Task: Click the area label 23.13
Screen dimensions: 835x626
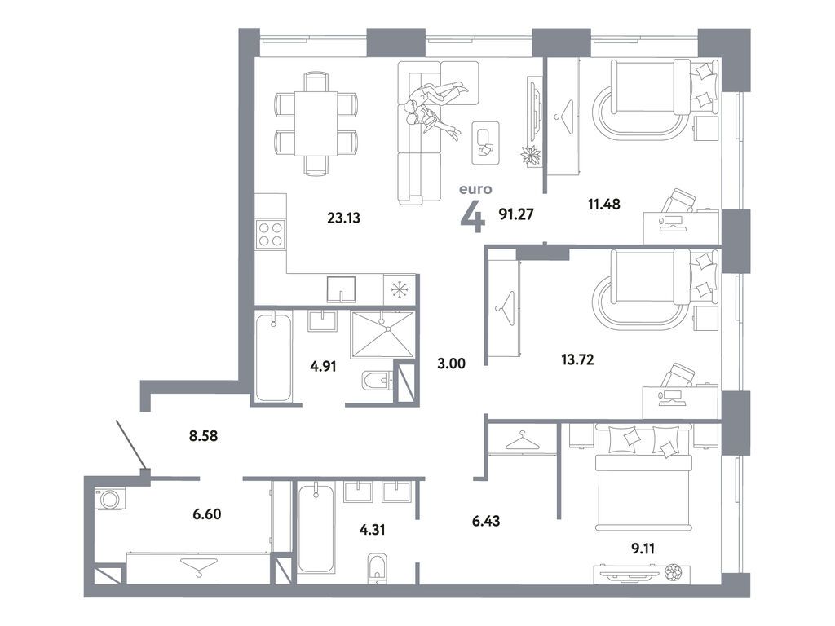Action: point(344,218)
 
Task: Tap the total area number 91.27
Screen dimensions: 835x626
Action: point(516,214)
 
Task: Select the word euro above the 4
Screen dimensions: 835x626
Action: point(476,189)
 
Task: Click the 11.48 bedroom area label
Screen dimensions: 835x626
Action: point(604,204)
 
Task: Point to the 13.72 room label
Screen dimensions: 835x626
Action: point(578,359)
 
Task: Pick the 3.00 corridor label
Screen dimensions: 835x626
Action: point(451,364)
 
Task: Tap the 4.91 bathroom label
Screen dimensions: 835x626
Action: point(323,366)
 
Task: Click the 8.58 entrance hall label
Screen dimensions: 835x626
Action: point(203,436)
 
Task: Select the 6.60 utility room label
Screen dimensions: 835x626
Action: point(207,514)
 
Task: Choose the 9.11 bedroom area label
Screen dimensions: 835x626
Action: point(643,549)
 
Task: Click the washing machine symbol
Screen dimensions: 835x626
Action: point(110,499)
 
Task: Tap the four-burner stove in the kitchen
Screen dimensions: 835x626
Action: point(271,234)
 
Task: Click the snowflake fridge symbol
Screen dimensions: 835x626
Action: point(398,289)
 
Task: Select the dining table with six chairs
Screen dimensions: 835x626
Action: point(316,124)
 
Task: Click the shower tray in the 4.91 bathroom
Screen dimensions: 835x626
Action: point(382,335)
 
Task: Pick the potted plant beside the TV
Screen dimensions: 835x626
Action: point(532,156)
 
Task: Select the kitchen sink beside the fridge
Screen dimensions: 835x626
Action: point(341,289)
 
